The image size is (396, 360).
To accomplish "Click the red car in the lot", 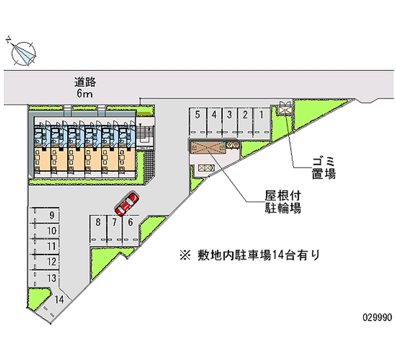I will point(127,203).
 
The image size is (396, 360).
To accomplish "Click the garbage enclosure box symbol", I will point(285,107).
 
